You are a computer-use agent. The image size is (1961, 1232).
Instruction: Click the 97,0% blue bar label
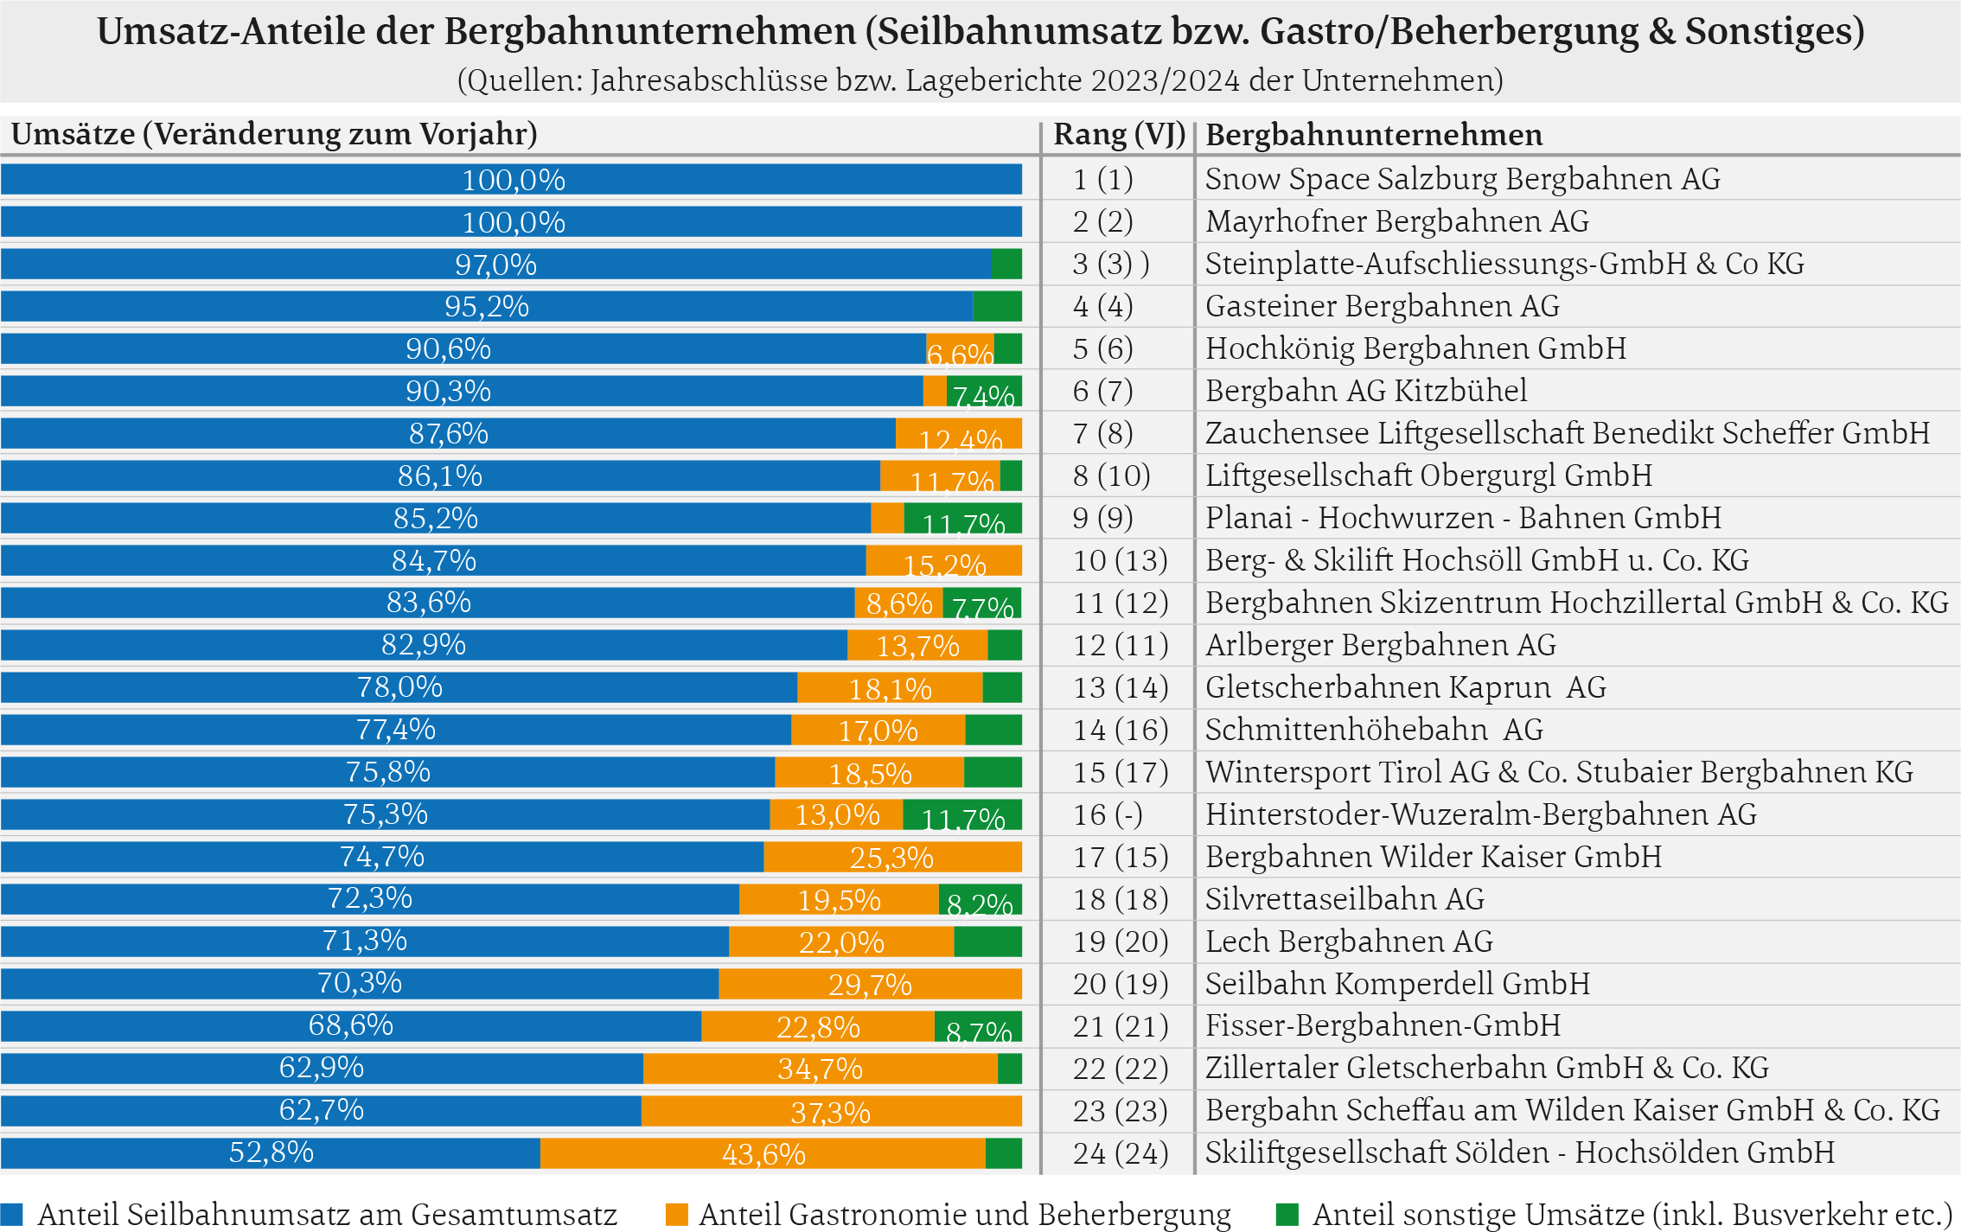(495, 265)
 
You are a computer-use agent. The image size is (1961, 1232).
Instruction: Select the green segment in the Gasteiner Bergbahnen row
(997, 306)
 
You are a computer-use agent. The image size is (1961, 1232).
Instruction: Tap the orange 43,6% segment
(763, 1153)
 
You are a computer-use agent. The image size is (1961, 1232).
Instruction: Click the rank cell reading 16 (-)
(1108, 814)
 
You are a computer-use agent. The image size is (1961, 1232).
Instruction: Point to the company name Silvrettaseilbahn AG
(1345, 899)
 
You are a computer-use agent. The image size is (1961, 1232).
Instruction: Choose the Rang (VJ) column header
(1119, 135)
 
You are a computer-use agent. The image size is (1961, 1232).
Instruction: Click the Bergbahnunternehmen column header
(1374, 135)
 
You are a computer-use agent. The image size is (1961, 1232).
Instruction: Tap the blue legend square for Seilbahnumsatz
(12, 1214)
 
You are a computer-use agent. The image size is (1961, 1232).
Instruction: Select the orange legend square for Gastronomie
(676, 1214)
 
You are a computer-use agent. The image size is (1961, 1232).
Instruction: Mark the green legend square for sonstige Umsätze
(1287, 1214)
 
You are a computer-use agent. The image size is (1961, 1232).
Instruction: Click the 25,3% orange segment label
(891, 858)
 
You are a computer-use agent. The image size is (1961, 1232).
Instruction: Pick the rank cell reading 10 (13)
(1120, 560)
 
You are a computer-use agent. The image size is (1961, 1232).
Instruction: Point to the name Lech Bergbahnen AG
(1349, 942)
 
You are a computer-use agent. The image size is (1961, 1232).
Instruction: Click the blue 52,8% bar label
(271, 1152)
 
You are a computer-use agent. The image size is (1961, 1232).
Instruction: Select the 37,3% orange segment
(830, 1111)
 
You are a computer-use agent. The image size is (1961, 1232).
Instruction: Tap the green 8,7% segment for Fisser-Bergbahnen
(978, 1027)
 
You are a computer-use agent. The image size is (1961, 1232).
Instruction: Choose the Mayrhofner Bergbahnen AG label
(1396, 221)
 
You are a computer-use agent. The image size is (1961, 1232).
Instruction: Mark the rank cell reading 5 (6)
(1102, 348)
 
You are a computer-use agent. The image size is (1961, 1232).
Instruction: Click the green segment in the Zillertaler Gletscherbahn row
(1009, 1069)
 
